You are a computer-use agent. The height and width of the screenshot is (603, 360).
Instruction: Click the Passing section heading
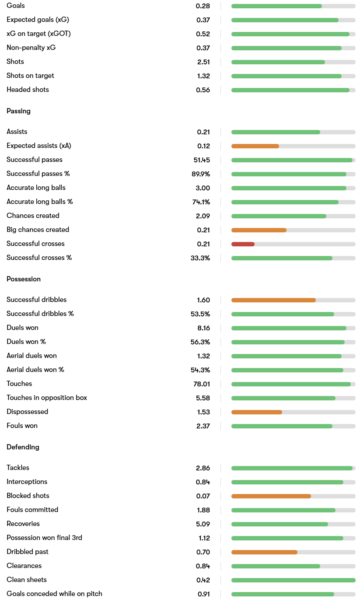[18, 111]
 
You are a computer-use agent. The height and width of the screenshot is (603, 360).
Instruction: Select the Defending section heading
[23, 447]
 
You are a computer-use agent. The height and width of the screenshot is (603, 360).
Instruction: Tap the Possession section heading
[24, 279]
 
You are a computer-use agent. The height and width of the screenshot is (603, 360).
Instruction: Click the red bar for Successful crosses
[243, 244]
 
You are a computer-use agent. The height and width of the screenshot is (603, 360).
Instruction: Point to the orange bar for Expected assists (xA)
[255, 146]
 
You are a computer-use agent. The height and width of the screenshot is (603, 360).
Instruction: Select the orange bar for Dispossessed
[256, 412]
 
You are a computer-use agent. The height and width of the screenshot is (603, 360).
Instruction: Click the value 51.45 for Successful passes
[202, 160]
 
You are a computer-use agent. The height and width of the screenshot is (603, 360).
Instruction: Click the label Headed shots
[28, 90]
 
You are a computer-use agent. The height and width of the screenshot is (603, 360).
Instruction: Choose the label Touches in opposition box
[47, 398]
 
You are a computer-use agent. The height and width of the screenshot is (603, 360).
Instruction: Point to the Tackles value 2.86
[203, 468]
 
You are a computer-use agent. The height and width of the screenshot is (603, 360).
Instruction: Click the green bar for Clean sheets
[293, 580]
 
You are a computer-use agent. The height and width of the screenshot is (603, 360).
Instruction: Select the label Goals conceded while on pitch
[54, 594]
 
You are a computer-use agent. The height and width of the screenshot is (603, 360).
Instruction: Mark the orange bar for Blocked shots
[271, 496]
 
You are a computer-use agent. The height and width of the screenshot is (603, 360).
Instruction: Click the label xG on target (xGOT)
[38, 34]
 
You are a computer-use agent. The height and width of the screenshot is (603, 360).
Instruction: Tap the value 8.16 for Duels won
[203, 328]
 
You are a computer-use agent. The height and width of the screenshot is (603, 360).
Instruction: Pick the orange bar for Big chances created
[259, 230]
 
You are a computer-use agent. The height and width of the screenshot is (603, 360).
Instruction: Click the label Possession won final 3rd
[44, 538]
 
